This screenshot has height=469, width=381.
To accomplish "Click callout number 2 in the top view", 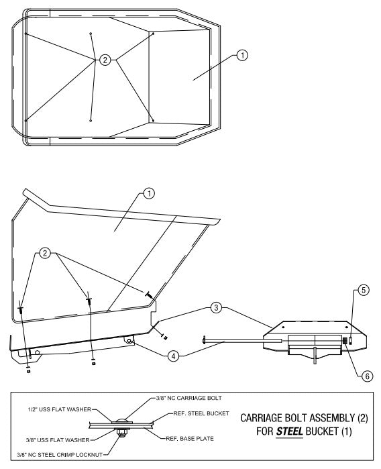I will [105, 60].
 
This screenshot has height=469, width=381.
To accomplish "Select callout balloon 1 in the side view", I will [150, 193].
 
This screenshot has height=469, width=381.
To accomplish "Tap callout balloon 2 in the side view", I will [45, 253].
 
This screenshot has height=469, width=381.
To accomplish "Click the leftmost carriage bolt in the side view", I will [23, 311].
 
